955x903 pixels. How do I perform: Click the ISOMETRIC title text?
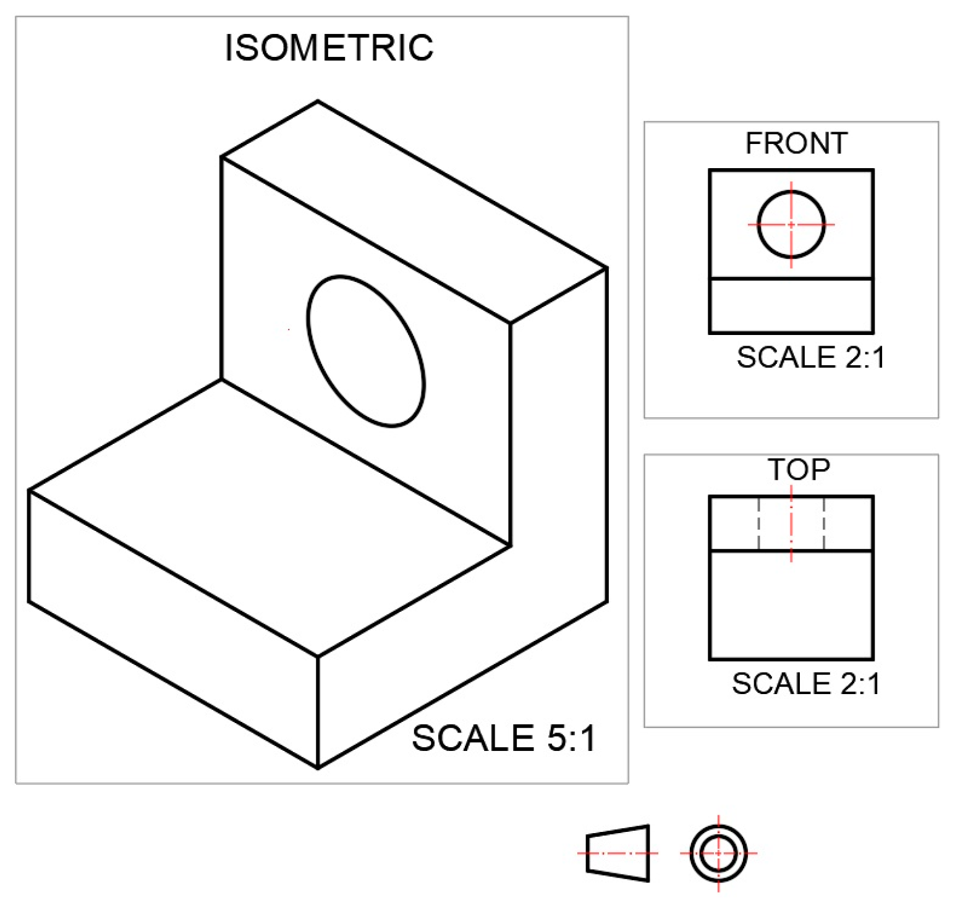point(329,48)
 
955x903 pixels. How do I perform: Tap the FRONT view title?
point(796,143)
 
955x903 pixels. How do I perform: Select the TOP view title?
point(798,470)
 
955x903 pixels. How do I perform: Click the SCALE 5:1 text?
point(504,738)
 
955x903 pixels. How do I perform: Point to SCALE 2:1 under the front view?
point(810,357)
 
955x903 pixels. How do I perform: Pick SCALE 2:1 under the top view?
point(805,684)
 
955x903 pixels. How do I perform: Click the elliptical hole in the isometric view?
point(366,351)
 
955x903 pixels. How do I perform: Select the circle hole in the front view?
point(791,224)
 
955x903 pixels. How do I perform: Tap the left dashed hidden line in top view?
point(759,523)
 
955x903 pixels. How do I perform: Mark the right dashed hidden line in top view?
point(824,523)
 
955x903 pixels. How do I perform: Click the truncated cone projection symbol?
point(618,853)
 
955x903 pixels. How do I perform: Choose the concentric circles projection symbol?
point(718,853)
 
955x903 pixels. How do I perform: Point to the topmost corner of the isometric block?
point(318,101)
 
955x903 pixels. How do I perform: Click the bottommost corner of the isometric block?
point(318,768)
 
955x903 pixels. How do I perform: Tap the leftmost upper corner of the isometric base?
point(29,491)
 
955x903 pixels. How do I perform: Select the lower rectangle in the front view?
point(791,306)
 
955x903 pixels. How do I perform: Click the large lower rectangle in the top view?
point(791,604)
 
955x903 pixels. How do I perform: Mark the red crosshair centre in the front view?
point(791,224)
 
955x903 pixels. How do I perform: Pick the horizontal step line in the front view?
point(791,279)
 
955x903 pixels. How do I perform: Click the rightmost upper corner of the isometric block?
point(607,268)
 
